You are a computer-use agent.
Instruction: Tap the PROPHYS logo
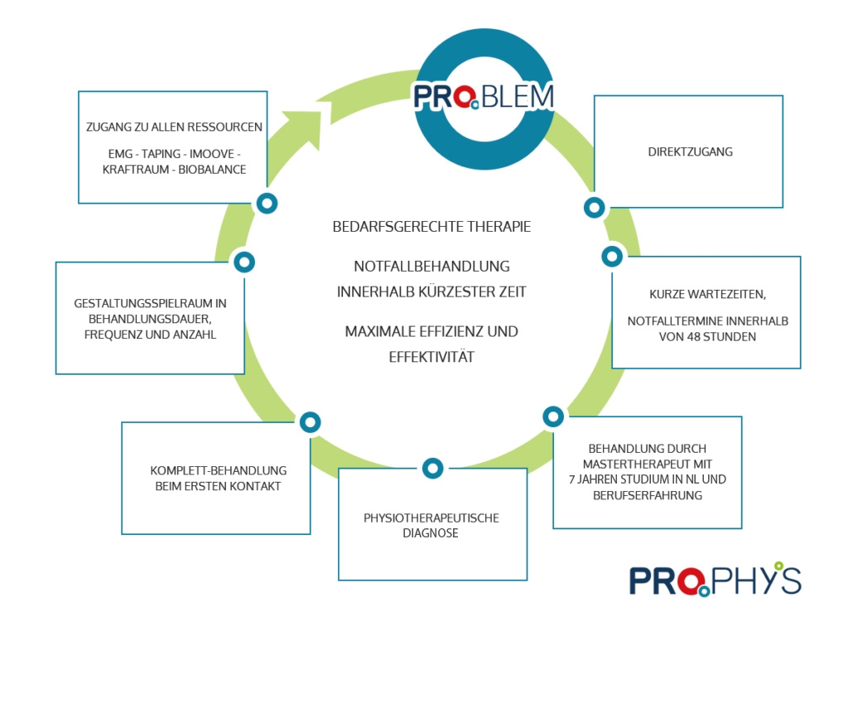point(715,579)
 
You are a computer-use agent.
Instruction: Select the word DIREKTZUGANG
point(690,152)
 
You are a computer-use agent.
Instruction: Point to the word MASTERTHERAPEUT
point(648,464)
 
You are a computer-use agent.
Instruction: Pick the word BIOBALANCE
point(217,168)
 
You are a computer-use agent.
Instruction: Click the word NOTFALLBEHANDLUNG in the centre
point(431,267)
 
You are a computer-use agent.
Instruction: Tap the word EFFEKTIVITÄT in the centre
point(431,357)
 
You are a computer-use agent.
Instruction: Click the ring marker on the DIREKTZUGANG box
point(594,207)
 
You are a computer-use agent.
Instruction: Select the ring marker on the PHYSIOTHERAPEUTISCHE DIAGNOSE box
point(433,469)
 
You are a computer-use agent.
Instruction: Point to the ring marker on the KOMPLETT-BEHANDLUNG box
point(310,422)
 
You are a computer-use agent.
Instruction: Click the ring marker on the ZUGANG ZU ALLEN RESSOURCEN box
point(267,203)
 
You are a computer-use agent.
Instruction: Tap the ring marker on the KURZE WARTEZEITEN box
point(612,257)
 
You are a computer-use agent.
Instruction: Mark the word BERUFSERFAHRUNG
point(647,495)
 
